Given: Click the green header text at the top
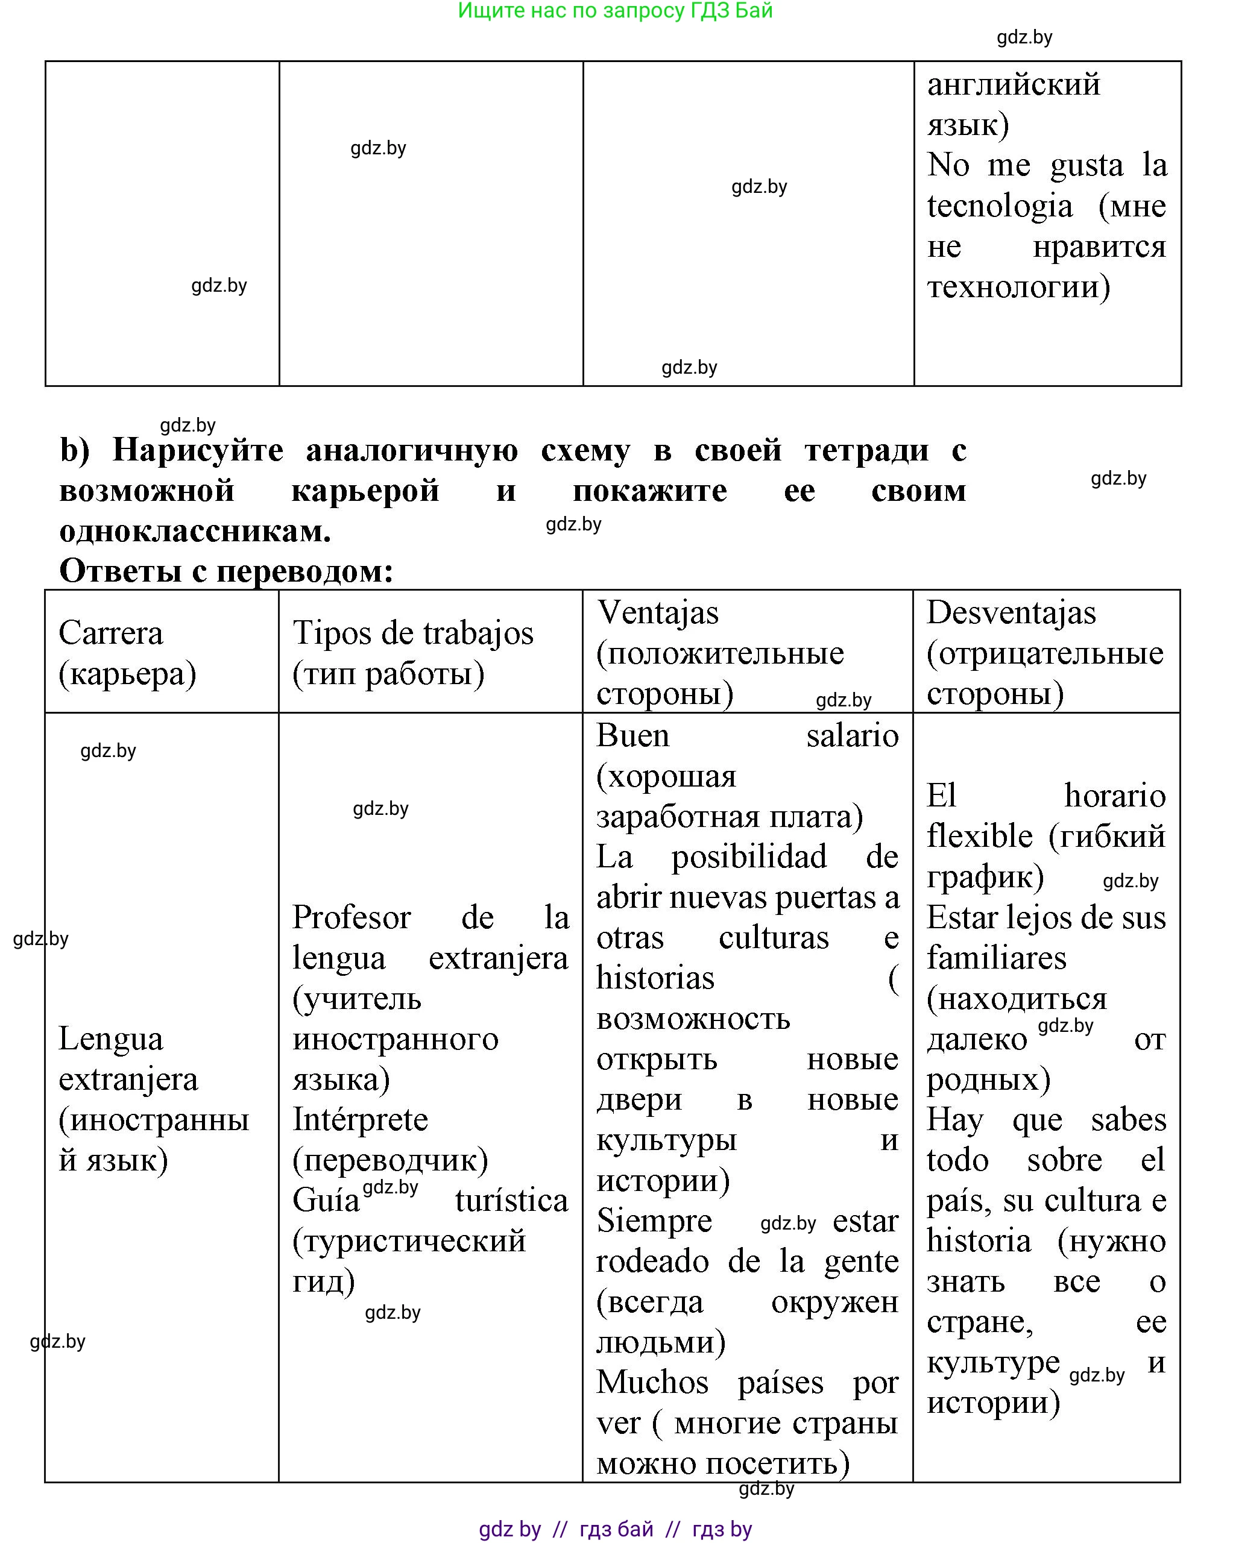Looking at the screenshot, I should point(614,11).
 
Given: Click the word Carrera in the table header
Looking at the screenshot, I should point(110,633).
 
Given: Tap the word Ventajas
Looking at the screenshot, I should point(657,612).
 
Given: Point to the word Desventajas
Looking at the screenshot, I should point(1011,612).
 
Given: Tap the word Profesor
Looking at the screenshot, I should point(351,917).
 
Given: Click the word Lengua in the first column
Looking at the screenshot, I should point(110,1039).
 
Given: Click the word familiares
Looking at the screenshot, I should point(996,958).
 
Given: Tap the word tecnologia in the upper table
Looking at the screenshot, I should point(999,206).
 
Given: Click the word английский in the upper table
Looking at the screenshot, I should point(1012,84).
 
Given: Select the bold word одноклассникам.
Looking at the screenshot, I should point(195,531).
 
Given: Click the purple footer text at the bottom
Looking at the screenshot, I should point(614,1529).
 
